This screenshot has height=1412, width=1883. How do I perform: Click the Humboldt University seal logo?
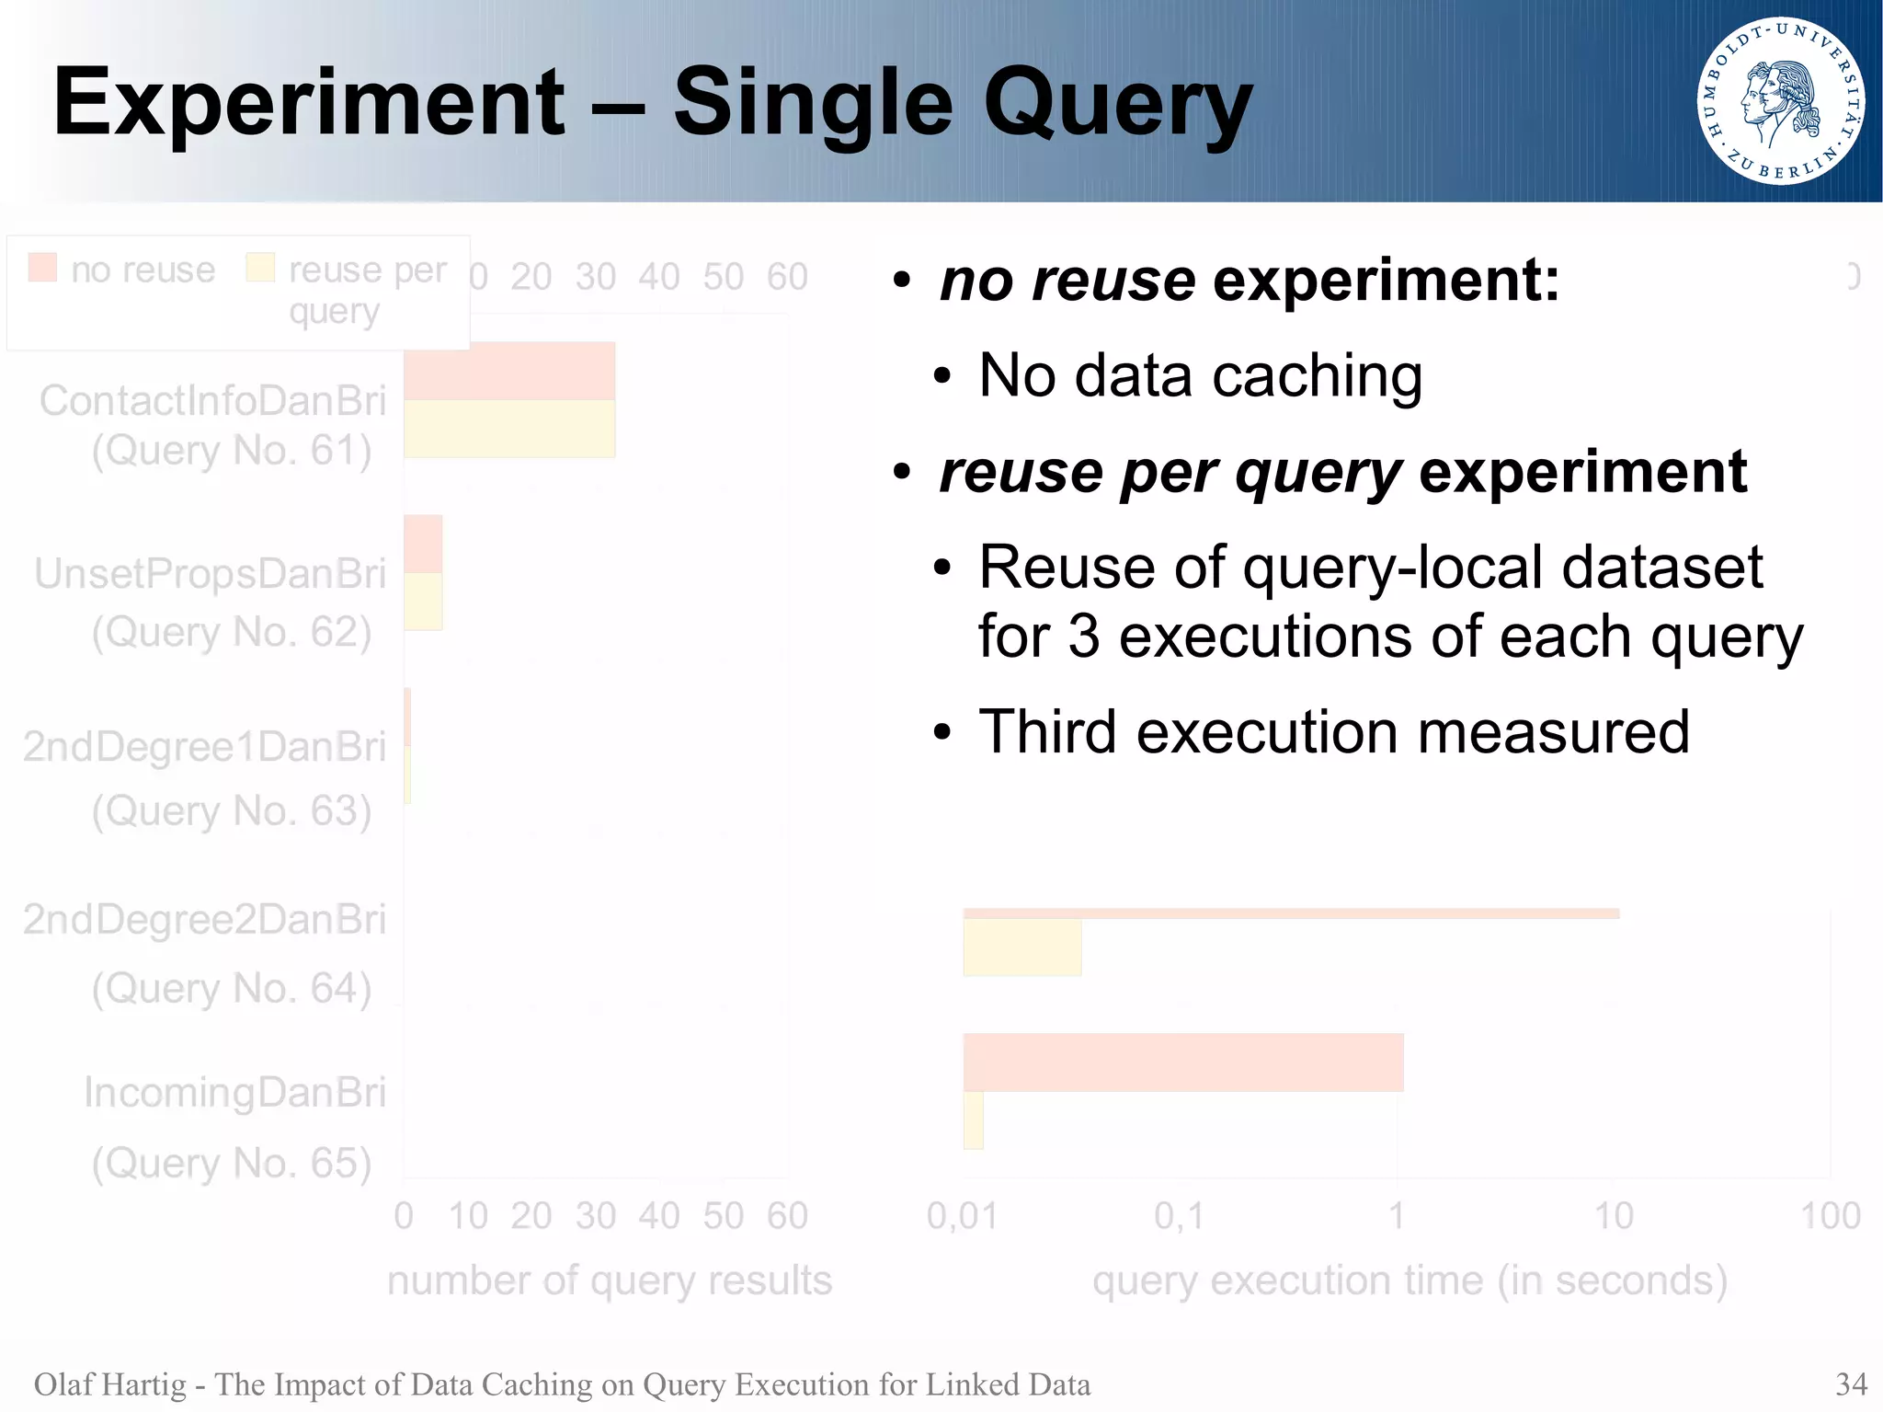(1781, 101)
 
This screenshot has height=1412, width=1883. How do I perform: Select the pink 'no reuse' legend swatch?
(42, 268)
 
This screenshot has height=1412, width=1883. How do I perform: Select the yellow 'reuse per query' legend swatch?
(260, 268)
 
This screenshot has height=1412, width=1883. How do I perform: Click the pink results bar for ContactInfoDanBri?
(508, 371)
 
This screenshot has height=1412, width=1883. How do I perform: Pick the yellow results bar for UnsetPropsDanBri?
(423, 602)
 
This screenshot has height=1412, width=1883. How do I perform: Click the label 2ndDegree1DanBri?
(204, 746)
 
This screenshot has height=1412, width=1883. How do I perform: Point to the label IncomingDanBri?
(234, 1092)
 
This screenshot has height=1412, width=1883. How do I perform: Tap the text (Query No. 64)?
(232, 989)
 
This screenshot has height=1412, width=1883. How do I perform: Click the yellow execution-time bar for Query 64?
(1021, 947)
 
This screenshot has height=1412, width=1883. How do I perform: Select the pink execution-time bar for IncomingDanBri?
(1182, 1062)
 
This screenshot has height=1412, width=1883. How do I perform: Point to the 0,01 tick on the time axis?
(962, 1216)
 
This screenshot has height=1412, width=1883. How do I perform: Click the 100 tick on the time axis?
(1830, 1216)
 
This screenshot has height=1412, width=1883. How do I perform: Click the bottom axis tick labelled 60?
(787, 1216)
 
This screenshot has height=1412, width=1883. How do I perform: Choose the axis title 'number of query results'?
(610, 1280)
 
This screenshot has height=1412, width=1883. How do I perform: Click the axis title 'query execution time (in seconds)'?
(1409, 1280)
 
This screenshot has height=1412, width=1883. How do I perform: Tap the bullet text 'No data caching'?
(1200, 375)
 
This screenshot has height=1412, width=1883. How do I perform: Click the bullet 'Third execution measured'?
(1333, 732)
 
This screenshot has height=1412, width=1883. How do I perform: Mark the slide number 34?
(1851, 1383)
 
